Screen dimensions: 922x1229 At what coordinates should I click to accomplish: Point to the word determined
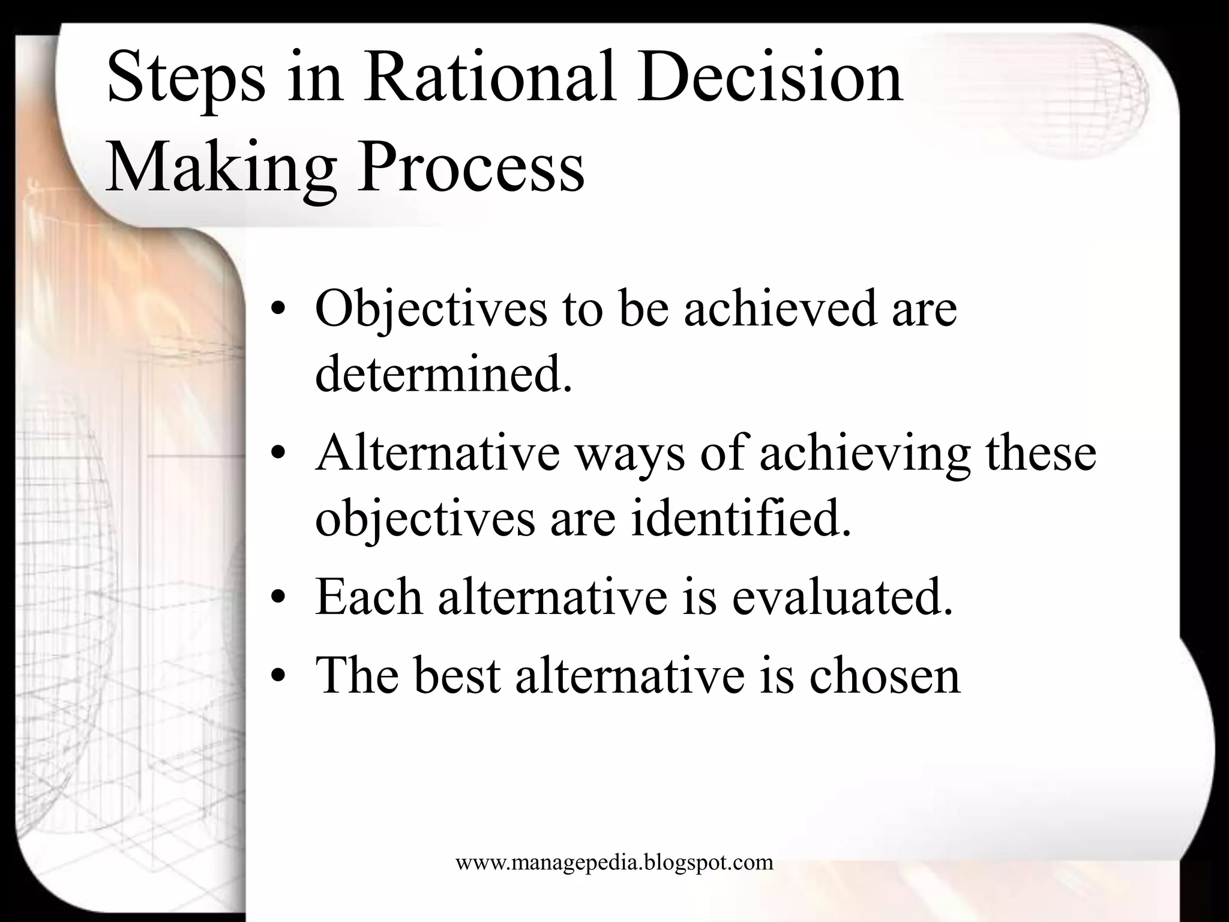[x=443, y=374]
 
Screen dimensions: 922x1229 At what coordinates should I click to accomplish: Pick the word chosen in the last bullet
[x=885, y=675]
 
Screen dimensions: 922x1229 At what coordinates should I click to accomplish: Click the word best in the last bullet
[x=457, y=675]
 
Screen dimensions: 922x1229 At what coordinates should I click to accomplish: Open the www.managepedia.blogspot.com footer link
[x=614, y=863]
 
